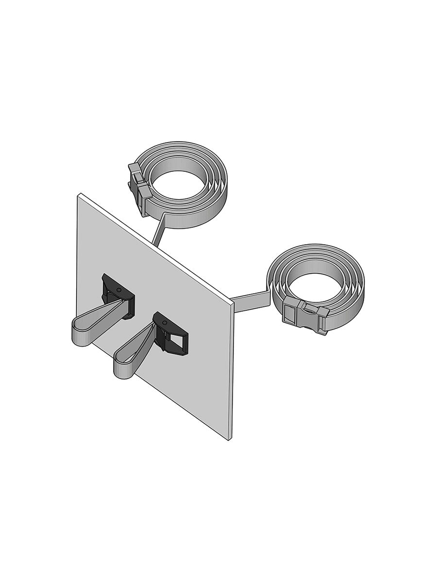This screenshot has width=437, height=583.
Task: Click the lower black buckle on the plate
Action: [x=170, y=335]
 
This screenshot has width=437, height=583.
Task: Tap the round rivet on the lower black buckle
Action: [x=164, y=323]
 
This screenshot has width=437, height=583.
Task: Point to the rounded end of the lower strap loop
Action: [x=121, y=369]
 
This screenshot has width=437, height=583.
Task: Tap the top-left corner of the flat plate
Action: [x=79, y=195]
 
